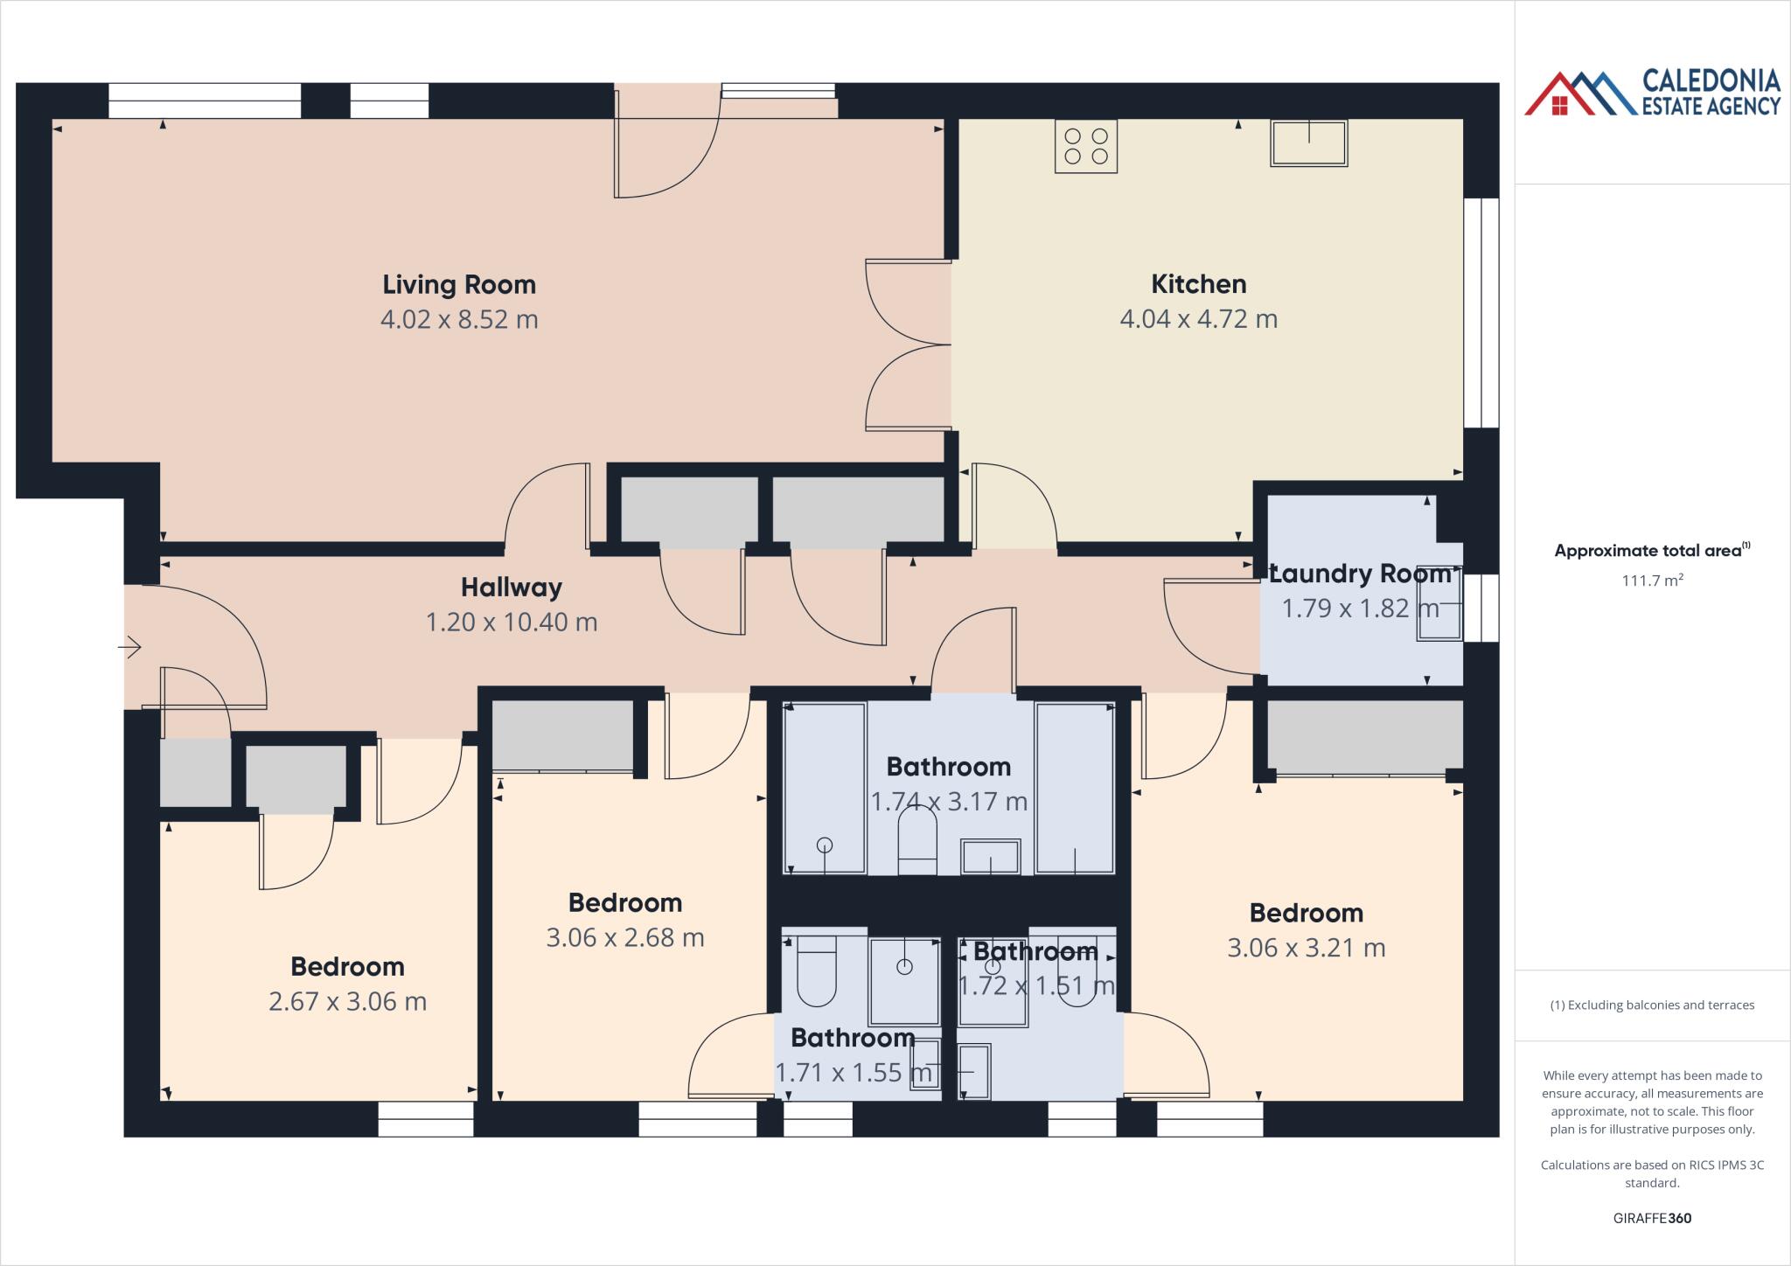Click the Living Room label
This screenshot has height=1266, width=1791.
pos(459,284)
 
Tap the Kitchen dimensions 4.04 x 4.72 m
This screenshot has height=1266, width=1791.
pos(1198,319)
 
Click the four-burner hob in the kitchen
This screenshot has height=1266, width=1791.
pos(1085,147)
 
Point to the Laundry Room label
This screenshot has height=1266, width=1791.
pos(1360,574)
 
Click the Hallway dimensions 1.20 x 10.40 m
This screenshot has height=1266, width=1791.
pos(512,623)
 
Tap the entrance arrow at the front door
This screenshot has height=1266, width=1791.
pos(130,647)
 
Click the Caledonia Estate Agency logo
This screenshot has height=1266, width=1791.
pos(1652,94)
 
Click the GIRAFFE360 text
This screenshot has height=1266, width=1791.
pos(1652,1218)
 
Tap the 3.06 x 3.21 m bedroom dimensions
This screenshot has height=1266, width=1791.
pos(1306,948)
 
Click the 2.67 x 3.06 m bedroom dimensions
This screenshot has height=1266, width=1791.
pos(347,1001)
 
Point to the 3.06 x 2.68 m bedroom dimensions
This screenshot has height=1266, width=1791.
pos(624,937)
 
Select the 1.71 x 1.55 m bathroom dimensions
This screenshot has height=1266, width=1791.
pos(853,1073)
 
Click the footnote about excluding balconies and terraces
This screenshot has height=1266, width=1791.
pos(1652,1005)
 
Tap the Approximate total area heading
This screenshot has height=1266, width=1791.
pos(1650,551)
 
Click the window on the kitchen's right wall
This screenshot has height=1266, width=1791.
pos(1481,313)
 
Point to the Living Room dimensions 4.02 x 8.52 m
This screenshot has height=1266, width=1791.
pos(459,319)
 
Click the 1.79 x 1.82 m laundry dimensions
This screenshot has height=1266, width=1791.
pos(1360,609)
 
